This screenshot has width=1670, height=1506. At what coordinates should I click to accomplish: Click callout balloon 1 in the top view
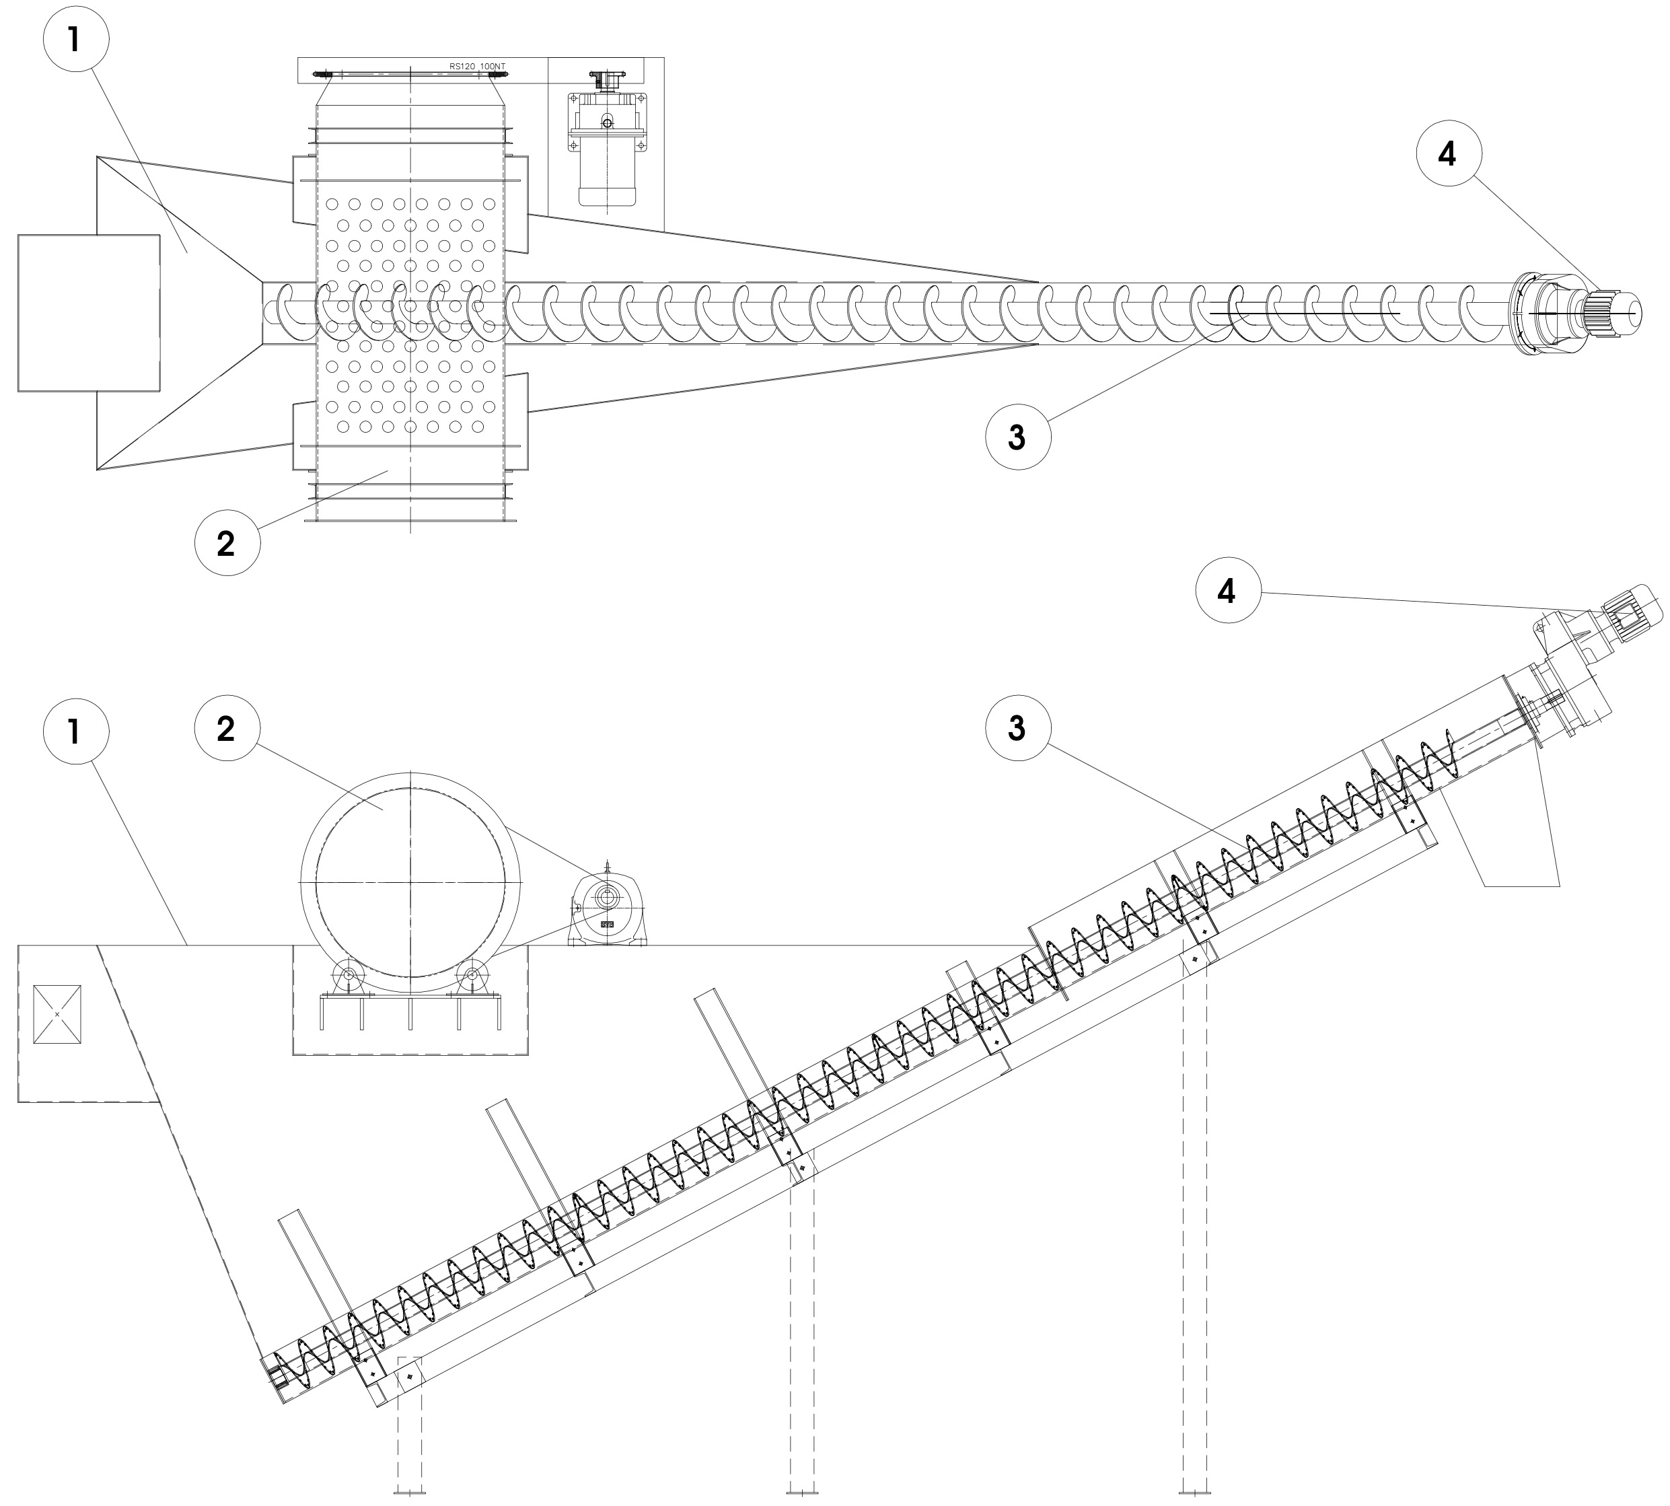[x=75, y=39]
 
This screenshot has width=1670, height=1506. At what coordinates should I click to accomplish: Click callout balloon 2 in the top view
[x=227, y=543]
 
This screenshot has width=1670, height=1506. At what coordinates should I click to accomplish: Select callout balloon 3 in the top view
[x=1017, y=436]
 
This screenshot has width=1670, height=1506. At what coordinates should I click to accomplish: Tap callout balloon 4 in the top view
[x=1447, y=154]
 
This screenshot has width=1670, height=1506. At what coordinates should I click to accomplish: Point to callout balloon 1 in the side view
[x=75, y=731]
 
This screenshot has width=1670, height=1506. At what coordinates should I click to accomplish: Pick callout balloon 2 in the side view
[x=227, y=728]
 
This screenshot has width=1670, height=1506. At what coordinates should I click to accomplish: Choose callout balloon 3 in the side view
[x=1017, y=728]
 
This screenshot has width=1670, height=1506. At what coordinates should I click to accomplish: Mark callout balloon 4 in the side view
[x=1227, y=590]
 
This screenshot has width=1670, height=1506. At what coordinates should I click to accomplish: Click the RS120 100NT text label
[x=476, y=66]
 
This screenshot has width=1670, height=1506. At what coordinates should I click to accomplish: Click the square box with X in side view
[x=57, y=1013]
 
